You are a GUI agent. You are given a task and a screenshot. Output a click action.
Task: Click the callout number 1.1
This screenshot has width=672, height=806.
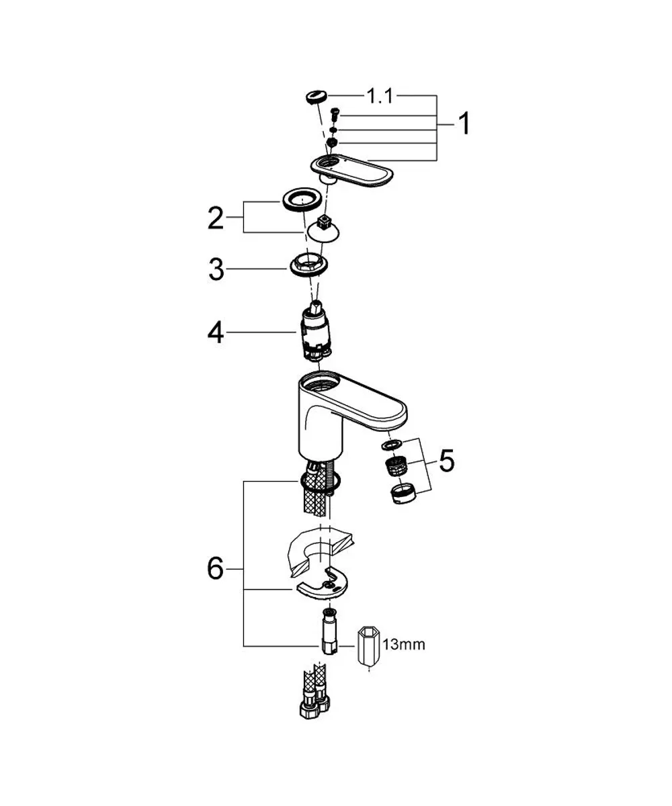[379, 96]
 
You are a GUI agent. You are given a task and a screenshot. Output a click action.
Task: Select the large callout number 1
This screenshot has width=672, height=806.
[464, 123]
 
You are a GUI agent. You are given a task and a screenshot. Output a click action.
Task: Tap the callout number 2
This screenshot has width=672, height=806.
[216, 218]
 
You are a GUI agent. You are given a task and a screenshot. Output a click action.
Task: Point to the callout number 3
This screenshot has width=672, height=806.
[216, 269]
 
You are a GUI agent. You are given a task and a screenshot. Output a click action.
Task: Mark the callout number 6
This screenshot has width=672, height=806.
[215, 569]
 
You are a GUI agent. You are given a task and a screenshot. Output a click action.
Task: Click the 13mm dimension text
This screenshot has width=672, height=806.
[404, 644]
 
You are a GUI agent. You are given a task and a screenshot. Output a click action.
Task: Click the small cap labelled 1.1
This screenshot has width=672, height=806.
[317, 97]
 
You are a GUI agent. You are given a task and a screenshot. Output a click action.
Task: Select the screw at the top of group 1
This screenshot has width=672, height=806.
[335, 115]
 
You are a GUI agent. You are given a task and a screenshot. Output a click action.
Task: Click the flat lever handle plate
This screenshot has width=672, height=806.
[352, 171]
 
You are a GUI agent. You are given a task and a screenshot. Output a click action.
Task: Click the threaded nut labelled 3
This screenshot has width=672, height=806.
[308, 265]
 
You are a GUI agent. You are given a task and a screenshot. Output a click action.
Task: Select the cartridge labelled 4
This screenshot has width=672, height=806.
[316, 332]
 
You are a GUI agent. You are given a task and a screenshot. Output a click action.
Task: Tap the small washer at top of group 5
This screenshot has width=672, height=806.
[392, 445]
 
